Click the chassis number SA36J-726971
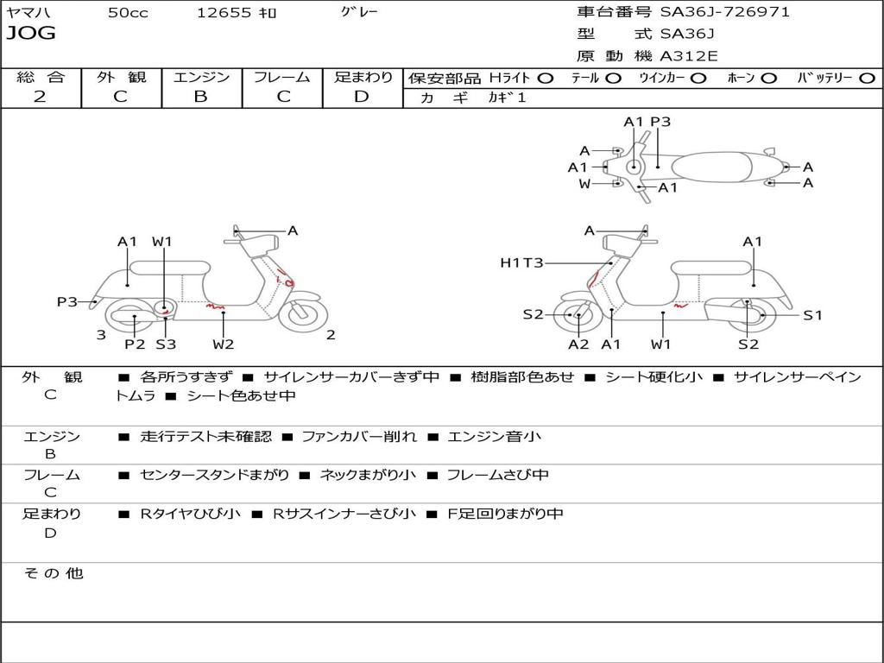(x=725, y=12)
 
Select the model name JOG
(x=31, y=34)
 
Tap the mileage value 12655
(x=224, y=13)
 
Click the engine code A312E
(x=689, y=57)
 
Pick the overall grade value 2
(x=40, y=97)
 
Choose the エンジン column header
(x=201, y=78)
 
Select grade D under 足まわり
(x=362, y=97)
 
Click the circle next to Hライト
(x=545, y=79)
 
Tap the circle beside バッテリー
(x=867, y=79)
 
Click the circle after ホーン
(x=768, y=79)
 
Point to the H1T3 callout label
(x=521, y=262)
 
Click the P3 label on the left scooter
(x=67, y=301)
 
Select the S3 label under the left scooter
(x=165, y=344)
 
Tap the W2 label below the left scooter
(x=224, y=344)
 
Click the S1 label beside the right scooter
(x=812, y=315)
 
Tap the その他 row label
(x=53, y=573)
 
